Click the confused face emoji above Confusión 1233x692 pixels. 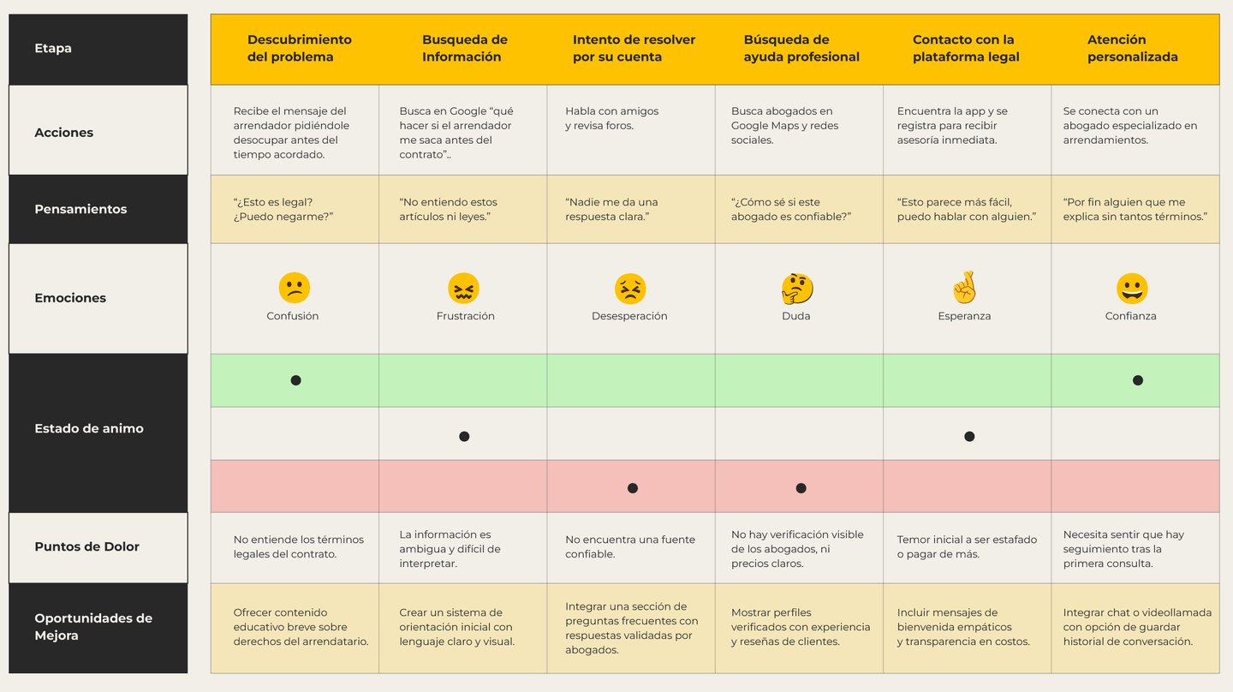click(x=294, y=288)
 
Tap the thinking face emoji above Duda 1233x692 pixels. click(x=797, y=289)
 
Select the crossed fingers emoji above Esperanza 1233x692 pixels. click(x=965, y=288)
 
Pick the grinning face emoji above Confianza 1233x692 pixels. click(x=1132, y=289)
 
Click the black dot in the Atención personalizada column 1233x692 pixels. click(x=1137, y=380)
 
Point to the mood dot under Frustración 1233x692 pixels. click(x=464, y=436)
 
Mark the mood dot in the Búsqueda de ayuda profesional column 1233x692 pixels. click(x=801, y=488)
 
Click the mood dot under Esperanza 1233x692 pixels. click(x=969, y=436)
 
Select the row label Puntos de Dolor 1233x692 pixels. click(x=86, y=546)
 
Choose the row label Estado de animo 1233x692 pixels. click(x=89, y=428)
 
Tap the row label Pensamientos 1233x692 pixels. click(x=80, y=209)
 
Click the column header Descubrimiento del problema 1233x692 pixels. click(x=299, y=48)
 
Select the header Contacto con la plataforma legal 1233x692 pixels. click(x=966, y=48)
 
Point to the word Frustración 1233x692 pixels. click(x=465, y=316)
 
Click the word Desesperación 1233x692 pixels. click(x=629, y=316)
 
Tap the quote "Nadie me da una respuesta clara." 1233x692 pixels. click(x=611, y=210)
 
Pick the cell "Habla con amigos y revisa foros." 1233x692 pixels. click(x=611, y=118)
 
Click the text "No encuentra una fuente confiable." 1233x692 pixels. click(x=630, y=546)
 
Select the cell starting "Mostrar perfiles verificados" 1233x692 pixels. click(x=800, y=627)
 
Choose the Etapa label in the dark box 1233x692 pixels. click(x=53, y=48)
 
